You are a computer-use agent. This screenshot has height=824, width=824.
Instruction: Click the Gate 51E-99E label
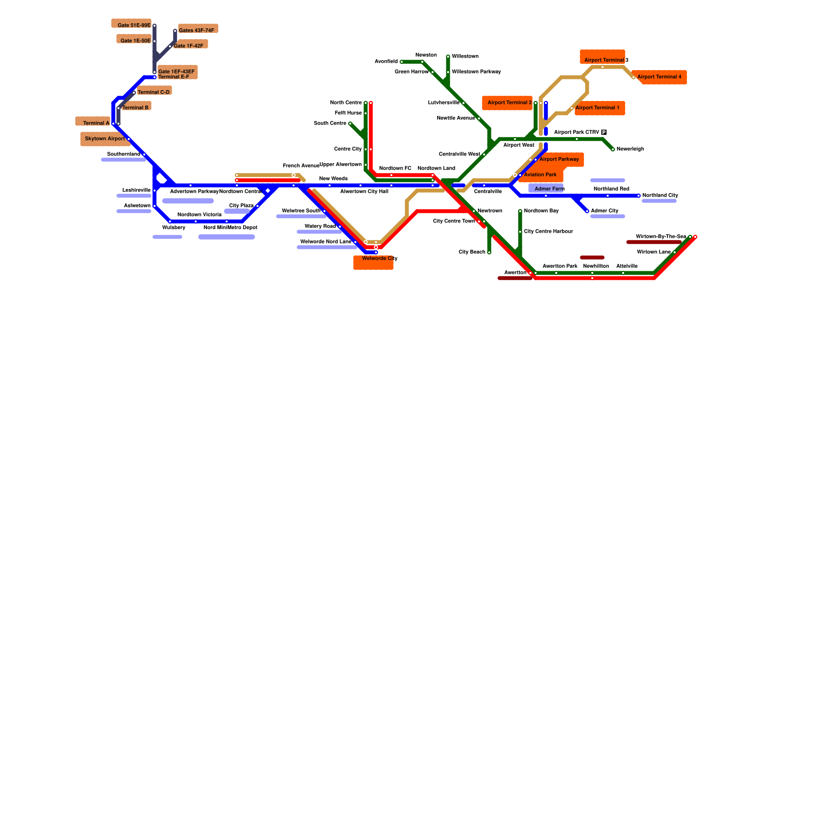tap(134, 25)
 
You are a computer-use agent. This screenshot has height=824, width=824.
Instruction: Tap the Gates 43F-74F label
tap(196, 30)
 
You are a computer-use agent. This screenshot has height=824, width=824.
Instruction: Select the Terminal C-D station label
tap(153, 92)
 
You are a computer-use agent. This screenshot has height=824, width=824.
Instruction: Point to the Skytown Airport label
tap(105, 139)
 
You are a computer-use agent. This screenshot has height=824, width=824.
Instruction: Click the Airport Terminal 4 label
tap(659, 77)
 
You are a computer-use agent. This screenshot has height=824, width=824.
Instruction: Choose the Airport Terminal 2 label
tap(509, 102)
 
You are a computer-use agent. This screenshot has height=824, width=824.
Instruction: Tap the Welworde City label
tap(380, 259)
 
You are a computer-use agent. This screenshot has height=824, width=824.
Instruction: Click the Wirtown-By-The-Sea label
tap(660, 236)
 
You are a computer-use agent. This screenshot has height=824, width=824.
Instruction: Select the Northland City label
tap(660, 195)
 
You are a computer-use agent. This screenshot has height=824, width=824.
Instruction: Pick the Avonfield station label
tap(386, 61)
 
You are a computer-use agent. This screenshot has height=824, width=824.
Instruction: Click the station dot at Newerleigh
tap(613, 149)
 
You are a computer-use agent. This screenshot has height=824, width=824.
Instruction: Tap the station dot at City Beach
tap(489, 252)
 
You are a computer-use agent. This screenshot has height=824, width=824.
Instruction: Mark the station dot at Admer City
tap(587, 211)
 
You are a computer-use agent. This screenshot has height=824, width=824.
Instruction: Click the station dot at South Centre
tap(350, 124)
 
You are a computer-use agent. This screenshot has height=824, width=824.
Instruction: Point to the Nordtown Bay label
tap(541, 211)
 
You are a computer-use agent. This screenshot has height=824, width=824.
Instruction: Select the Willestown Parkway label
tap(476, 72)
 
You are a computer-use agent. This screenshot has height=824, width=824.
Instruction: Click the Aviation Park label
tap(540, 175)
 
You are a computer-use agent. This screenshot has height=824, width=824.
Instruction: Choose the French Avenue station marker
tap(294, 175)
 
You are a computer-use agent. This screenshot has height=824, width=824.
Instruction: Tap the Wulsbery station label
tap(174, 227)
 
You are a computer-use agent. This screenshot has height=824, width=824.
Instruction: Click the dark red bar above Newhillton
tap(592, 257)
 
